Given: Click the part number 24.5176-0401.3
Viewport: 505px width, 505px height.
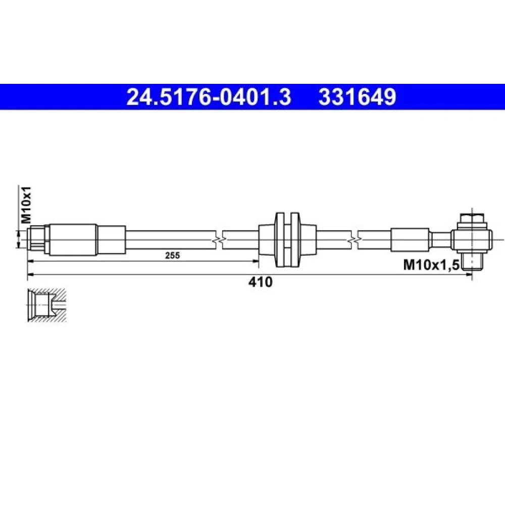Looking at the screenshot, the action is (209, 97).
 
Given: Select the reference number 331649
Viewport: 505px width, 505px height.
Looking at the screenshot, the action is (357, 97).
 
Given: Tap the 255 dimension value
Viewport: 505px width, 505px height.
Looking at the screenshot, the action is (172, 256).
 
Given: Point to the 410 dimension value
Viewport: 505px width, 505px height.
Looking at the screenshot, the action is (260, 282).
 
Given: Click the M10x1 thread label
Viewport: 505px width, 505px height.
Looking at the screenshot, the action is (26, 205).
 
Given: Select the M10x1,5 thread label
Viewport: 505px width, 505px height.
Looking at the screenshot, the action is (431, 265).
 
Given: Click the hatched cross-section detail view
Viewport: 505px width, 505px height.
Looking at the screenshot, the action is (47, 305).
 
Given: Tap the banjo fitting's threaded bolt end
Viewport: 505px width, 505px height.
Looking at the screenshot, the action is (472, 261).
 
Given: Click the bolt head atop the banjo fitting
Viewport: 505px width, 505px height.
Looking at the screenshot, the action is (472, 221).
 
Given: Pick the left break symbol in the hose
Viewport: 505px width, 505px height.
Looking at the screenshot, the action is (219, 239).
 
